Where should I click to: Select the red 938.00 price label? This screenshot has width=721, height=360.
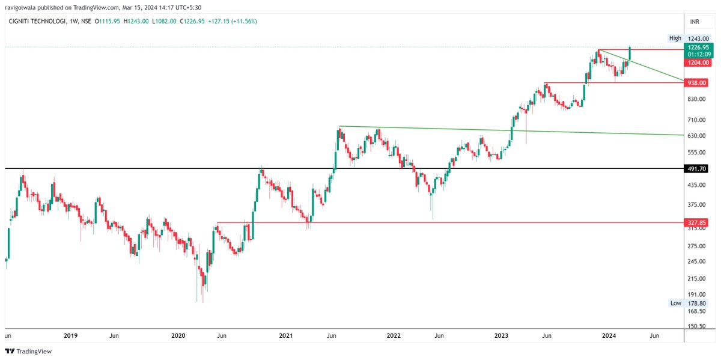tap(698, 83)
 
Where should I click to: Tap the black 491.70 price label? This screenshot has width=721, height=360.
tap(698, 169)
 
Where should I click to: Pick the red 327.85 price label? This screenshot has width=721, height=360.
tap(698, 222)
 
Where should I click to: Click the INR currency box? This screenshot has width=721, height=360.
tap(695, 22)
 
